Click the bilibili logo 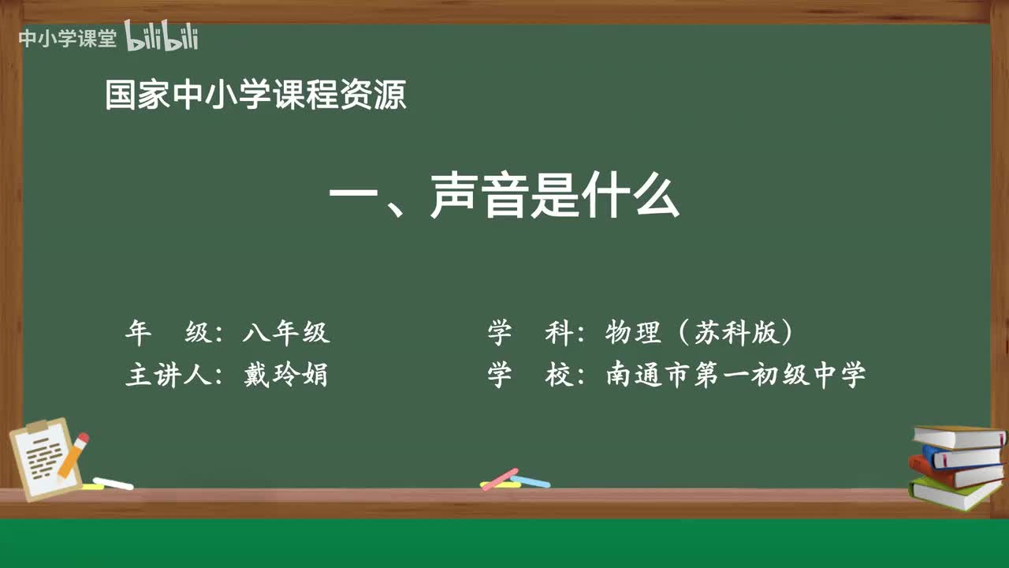coord(162,37)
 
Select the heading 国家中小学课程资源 coord(255,95)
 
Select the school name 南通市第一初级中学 coord(735,375)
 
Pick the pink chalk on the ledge coord(500,478)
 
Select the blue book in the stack coord(962,456)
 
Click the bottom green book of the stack coord(954,493)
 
